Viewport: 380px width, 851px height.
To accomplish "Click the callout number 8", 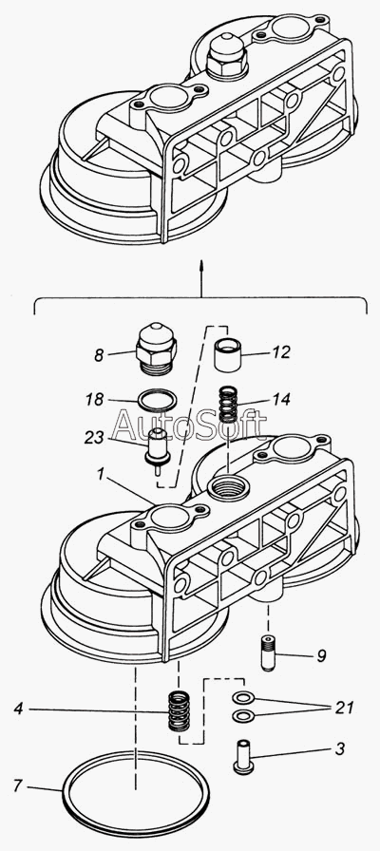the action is (x=98, y=355).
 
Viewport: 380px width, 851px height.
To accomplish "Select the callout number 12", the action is (x=282, y=352).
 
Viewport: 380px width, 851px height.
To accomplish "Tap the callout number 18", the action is (x=94, y=400).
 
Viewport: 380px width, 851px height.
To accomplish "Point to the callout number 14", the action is (x=281, y=400).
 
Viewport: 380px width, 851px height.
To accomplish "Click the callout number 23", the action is (x=94, y=438).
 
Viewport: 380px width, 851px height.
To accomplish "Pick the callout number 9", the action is (x=321, y=655).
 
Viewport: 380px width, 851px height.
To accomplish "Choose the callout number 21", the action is (x=344, y=708).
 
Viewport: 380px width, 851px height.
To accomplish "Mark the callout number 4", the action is (x=19, y=709).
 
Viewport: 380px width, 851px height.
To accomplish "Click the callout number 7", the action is (x=19, y=785).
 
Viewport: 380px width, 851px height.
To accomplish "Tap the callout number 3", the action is (x=339, y=749).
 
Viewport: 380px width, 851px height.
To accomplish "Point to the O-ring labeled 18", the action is (x=158, y=401).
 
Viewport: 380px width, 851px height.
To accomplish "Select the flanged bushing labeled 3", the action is (x=242, y=755).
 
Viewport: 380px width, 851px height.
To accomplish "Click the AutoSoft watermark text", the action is (x=190, y=425).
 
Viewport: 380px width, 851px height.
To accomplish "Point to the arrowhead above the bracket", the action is (x=201, y=265).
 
